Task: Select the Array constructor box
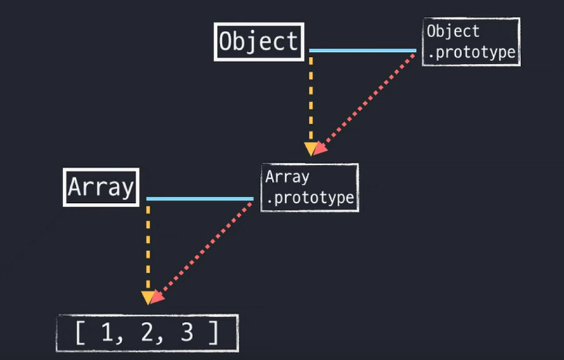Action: click(100, 187)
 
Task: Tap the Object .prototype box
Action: click(471, 42)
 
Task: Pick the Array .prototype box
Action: click(309, 187)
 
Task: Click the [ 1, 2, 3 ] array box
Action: click(147, 333)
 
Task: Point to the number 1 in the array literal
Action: click(107, 333)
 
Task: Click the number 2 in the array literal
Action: click(146, 333)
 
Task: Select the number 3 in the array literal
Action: click(185, 333)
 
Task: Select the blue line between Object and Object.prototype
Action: click(362, 51)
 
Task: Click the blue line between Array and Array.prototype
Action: click(199, 199)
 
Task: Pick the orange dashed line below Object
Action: click(311, 98)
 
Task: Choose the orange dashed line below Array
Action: click(147, 246)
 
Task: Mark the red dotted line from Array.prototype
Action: click(204, 249)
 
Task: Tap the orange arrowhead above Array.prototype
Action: click(310, 149)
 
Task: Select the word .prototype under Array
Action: click(310, 198)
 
